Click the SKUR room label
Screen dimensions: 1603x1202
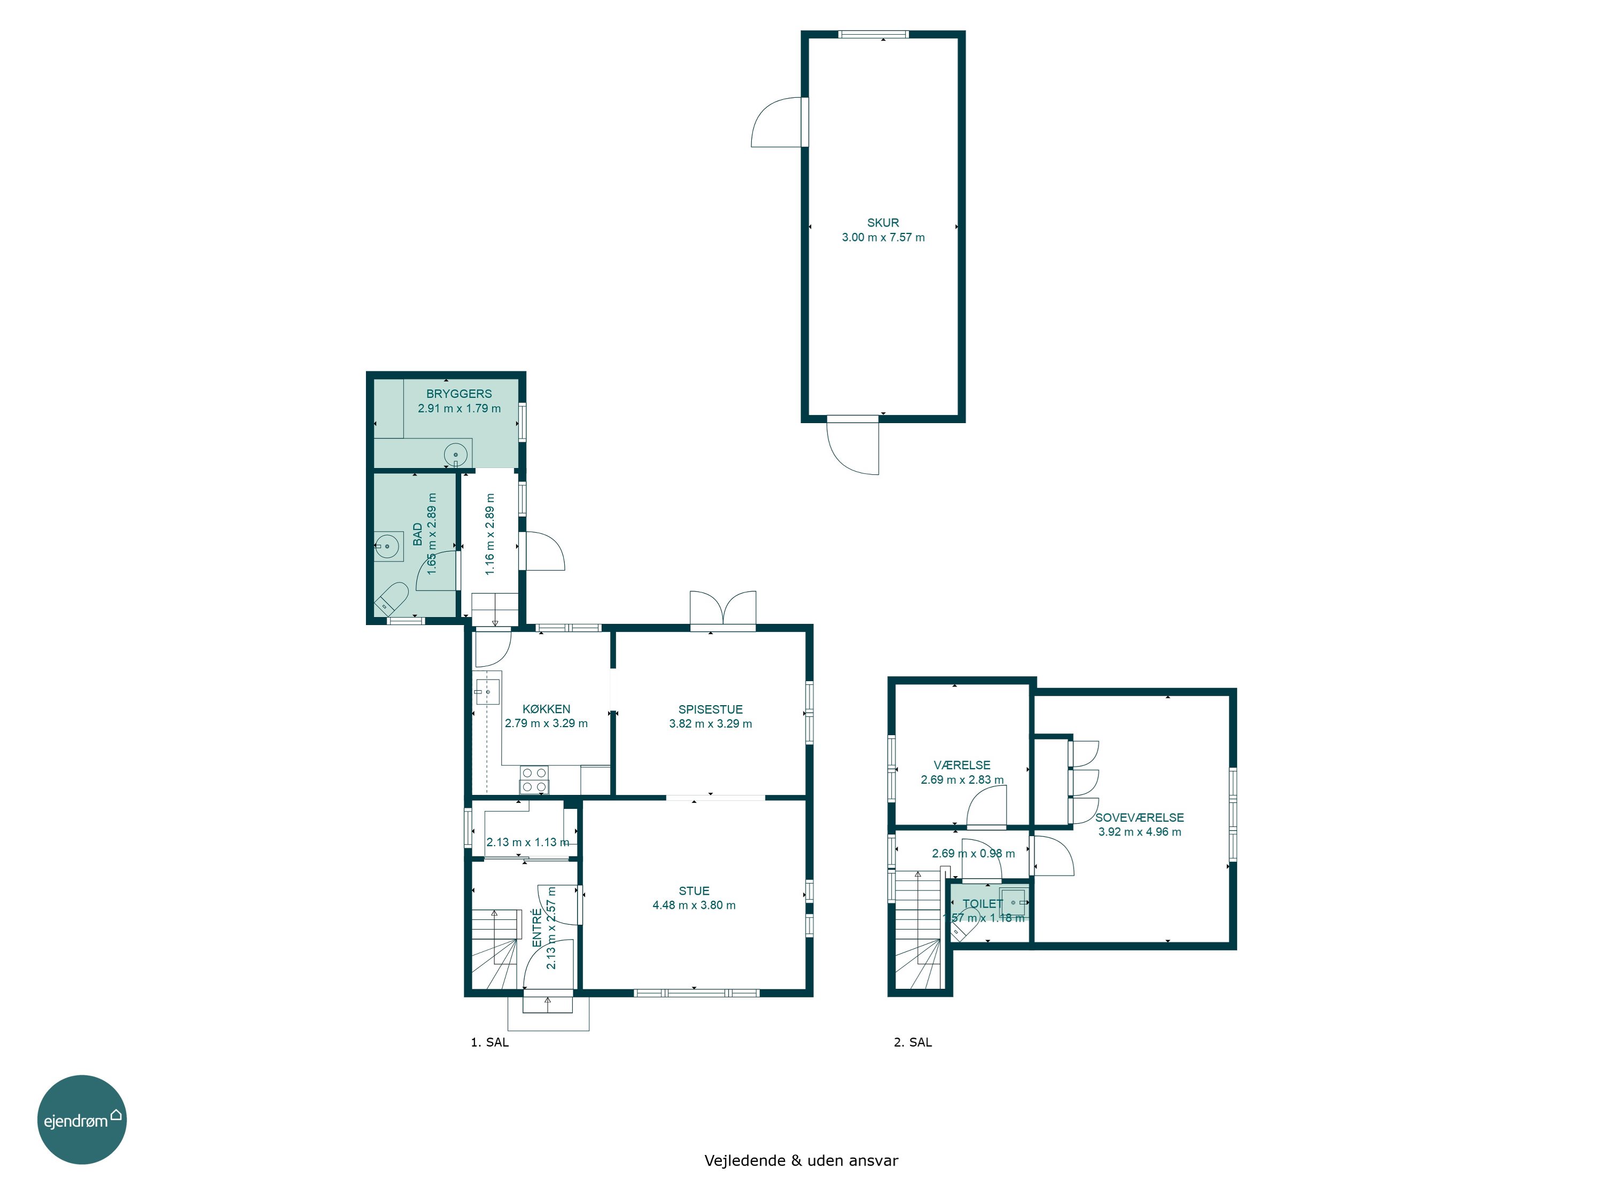(x=883, y=222)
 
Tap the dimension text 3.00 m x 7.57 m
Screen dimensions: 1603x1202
(x=883, y=237)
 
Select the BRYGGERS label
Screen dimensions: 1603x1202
(x=458, y=393)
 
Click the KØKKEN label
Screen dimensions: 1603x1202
(x=547, y=708)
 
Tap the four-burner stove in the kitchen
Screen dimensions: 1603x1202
(x=534, y=779)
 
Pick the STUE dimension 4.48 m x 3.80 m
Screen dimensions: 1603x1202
(x=694, y=905)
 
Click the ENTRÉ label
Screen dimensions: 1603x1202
(x=537, y=928)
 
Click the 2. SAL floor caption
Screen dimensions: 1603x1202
(x=913, y=1042)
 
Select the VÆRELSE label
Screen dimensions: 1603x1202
(x=962, y=765)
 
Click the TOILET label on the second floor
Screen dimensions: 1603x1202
(x=983, y=903)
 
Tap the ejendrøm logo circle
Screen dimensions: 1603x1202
(x=82, y=1119)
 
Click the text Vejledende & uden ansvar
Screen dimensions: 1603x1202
(x=801, y=1160)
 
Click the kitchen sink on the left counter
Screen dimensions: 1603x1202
(x=487, y=692)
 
